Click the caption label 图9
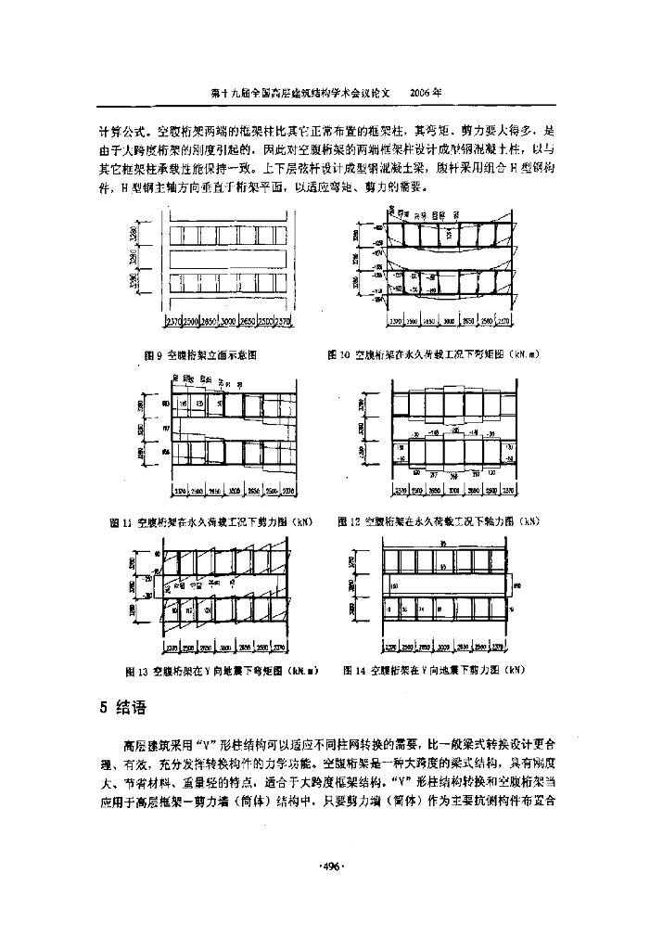153,354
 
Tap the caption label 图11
121,522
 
